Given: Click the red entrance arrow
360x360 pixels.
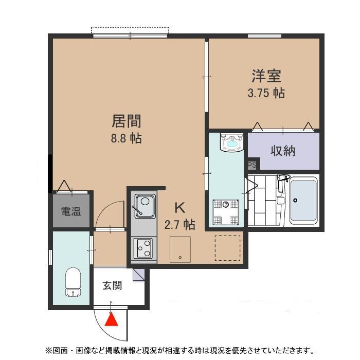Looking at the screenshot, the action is tap(112, 320).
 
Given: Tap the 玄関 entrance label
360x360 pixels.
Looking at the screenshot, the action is tap(112, 285).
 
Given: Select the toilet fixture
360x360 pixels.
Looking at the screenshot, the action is tap(73, 282).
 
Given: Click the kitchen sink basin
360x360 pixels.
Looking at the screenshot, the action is tap(145, 206).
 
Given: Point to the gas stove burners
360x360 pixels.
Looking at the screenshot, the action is tap(143, 248).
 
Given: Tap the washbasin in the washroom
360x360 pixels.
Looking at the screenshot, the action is tap(232, 142).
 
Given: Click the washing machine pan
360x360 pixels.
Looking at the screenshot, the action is tap(225, 212).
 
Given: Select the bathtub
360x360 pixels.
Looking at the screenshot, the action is tap(303, 201).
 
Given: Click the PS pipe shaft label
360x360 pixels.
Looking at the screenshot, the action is tap(252, 165).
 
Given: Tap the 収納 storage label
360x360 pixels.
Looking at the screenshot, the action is tap(283, 151).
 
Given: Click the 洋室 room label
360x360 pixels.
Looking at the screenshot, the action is tap(266, 76).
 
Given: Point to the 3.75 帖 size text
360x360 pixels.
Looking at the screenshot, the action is tap(266, 93).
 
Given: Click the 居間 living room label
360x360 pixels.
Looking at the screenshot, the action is tap(127, 121).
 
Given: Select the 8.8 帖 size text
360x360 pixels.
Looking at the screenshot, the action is tap(127, 138).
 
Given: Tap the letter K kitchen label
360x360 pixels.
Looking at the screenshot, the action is tap(180, 208).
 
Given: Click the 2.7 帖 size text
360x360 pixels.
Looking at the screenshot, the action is tap(180, 225).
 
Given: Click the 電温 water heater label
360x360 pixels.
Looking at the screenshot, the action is tap(71, 211).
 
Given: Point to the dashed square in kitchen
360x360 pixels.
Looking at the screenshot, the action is tap(227, 248).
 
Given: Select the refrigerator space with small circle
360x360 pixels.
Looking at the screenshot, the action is tap(180, 249).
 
